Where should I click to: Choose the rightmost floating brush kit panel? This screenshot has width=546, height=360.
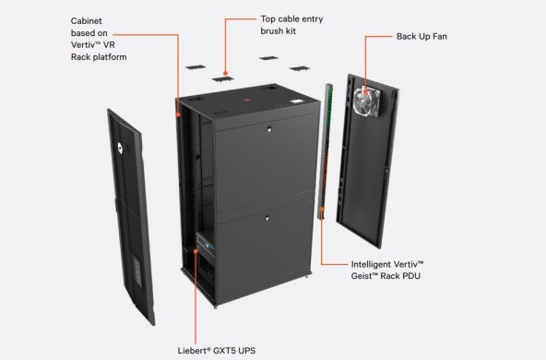(300, 67)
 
